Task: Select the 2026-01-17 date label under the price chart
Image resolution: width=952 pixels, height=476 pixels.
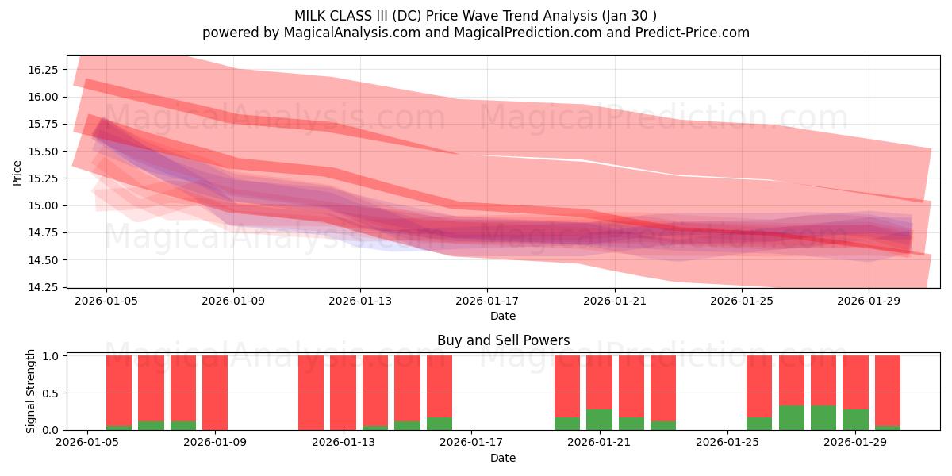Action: click(x=486, y=301)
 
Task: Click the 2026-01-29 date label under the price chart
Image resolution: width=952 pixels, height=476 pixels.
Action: click(x=868, y=301)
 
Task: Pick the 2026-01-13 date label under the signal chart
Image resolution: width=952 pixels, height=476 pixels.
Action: click(x=344, y=443)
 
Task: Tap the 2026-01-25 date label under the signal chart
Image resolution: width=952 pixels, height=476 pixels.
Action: click(x=727, y=443)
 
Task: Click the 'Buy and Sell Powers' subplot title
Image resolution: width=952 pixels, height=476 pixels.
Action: click(x=503, y=340)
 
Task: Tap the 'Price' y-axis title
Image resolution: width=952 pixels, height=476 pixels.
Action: click(x=17, y=172)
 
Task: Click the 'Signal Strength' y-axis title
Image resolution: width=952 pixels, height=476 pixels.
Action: click(x=31, y=392)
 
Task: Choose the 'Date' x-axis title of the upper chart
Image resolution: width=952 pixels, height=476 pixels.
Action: click(x=503, y=316)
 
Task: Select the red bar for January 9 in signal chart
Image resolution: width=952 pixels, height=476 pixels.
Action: click(x=215, y=393)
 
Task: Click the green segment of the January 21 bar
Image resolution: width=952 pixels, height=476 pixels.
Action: click(x=599, y=420)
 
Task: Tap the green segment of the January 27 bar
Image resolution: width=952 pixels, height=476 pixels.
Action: click(x=792, y=418)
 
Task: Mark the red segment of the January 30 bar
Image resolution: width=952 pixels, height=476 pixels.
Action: click(x=888, y=389)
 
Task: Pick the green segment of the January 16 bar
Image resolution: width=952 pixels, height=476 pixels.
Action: click(x=440, y=424)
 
